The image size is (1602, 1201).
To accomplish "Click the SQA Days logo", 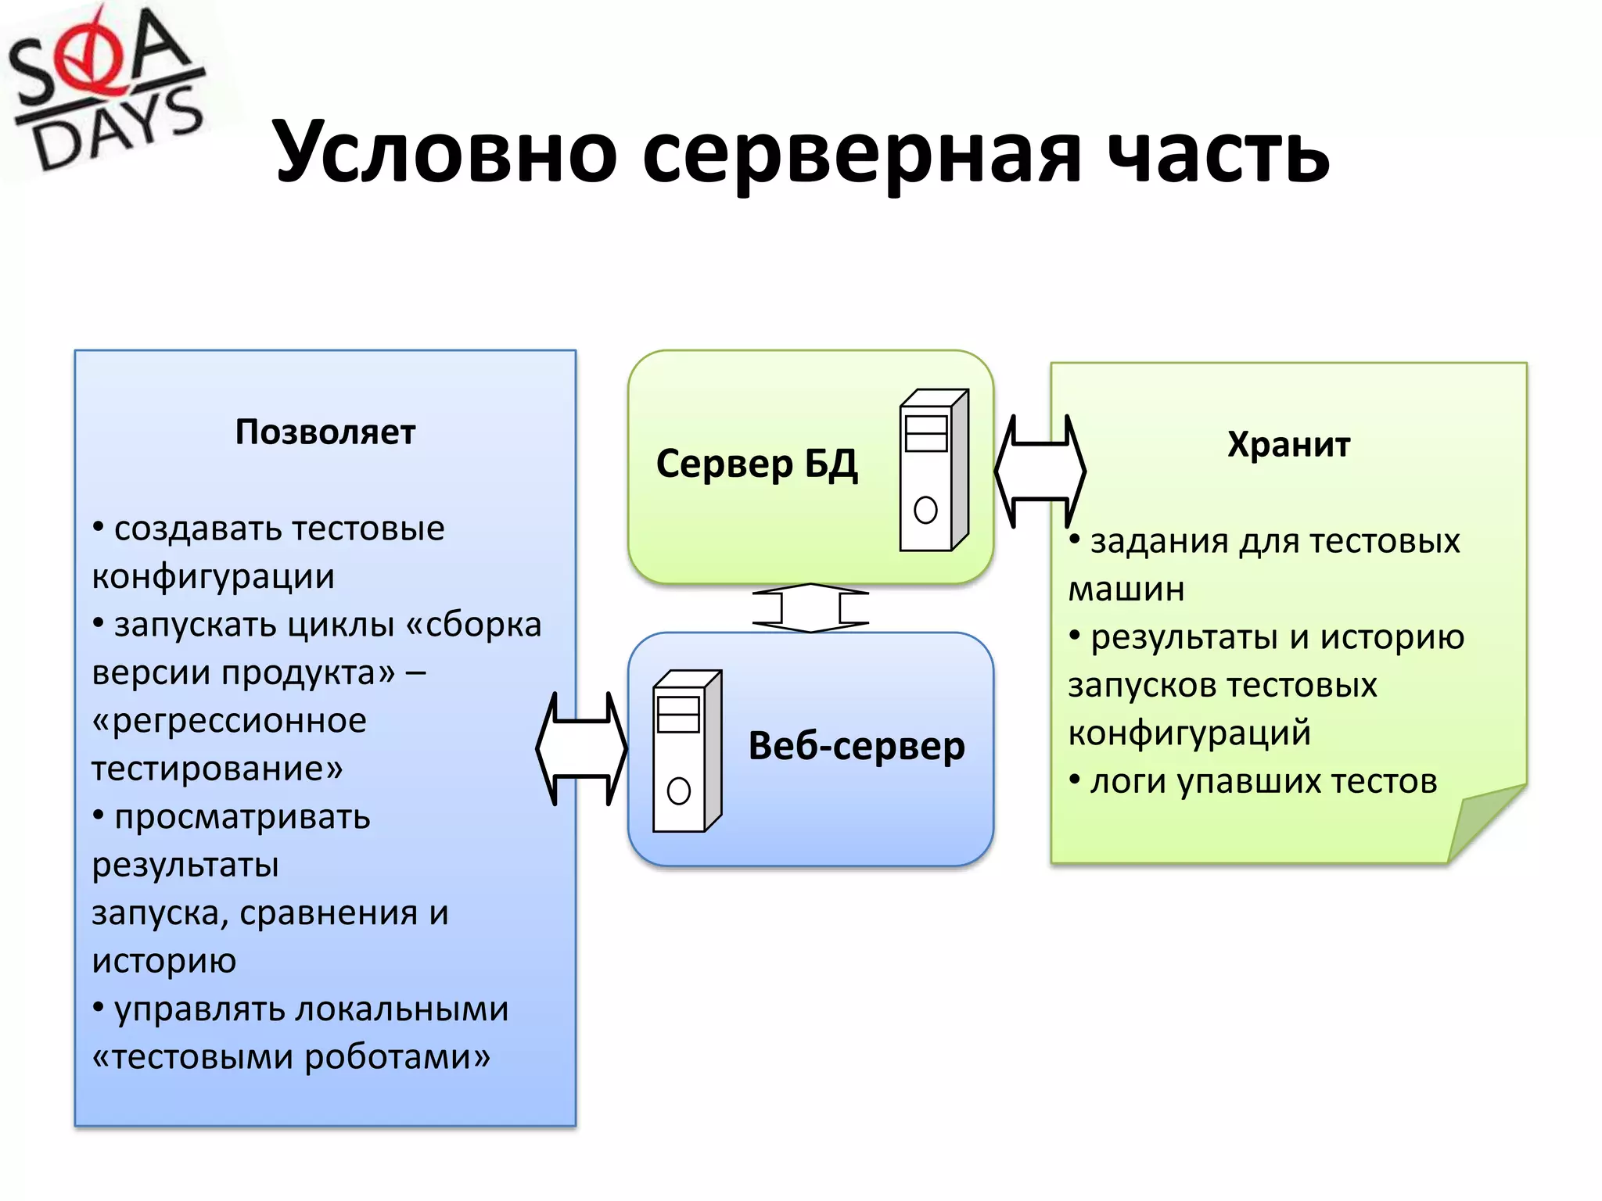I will (x=106, y=90).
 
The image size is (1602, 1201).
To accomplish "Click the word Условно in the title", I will (x=445, y=152).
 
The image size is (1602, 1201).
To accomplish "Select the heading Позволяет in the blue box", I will (x=325, y=432).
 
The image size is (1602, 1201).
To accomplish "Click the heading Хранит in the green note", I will (x=1288, y=445).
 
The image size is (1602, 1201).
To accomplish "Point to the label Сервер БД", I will (x=756, y=464).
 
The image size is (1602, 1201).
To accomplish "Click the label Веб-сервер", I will (x=857, y=746).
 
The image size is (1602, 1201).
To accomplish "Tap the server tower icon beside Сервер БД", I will (x=933, y=471).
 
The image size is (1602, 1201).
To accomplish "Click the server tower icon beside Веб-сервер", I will (x=687, y=751).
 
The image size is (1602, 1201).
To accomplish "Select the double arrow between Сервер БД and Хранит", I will (x=1040, y=471).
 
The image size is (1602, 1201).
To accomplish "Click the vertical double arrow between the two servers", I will (x=810, y=608).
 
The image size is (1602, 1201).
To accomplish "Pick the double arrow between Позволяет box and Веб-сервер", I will (x=581, y=749).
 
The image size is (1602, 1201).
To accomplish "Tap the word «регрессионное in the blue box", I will (x=229, y=721).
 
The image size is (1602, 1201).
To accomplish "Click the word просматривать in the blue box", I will (x=242, y=817).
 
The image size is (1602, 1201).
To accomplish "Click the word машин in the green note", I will (x=1126, y=590).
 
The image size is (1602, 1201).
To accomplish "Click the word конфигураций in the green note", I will (x=1189, y=733).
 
